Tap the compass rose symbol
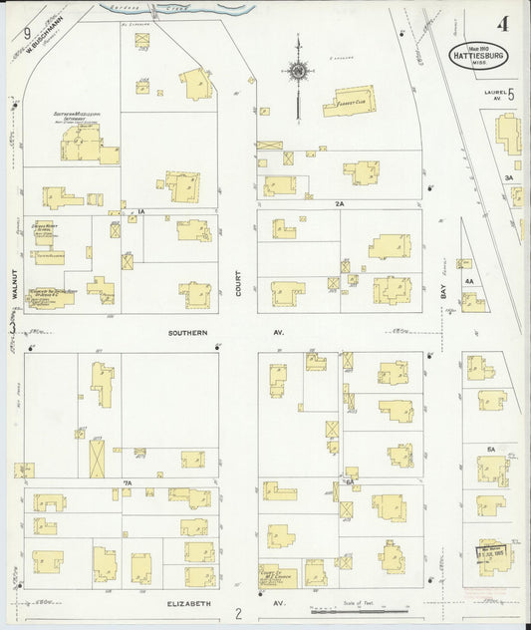[297, 70]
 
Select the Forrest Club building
[348, 101]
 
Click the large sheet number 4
[507, 22]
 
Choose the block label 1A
[141, 212]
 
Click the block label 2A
[339, 203]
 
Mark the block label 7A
[128, 483]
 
